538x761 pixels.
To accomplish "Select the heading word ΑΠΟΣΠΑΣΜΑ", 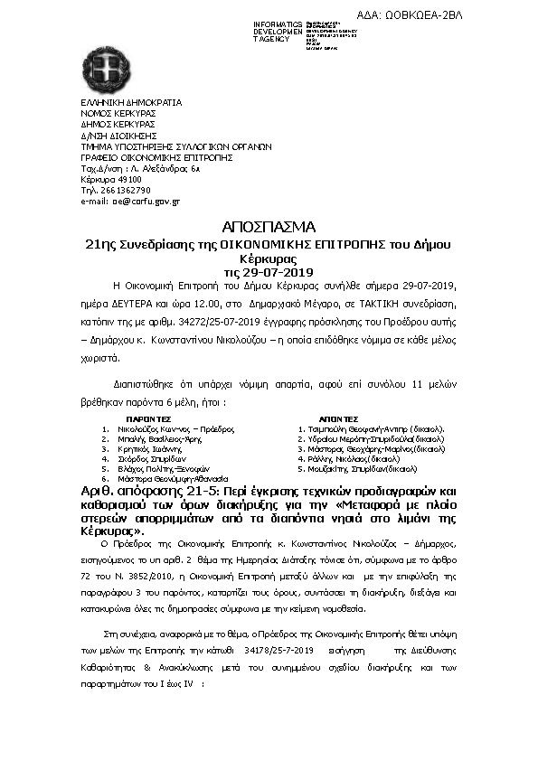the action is (x=268, y=227).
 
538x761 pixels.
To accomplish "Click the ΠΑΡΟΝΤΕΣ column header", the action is (x=149, y=419).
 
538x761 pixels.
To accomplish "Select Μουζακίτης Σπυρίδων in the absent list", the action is (x=362, y=468).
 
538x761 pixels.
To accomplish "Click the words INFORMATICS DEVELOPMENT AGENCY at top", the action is (x=278, y=32).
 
